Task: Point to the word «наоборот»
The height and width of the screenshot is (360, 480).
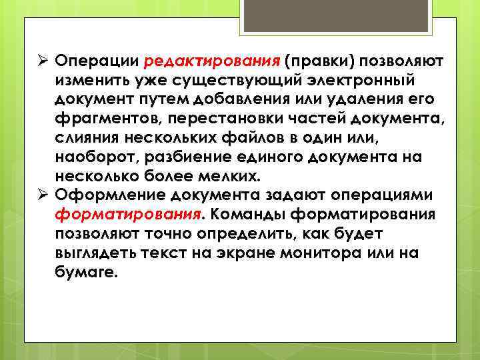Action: click(x=99, y=158)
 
